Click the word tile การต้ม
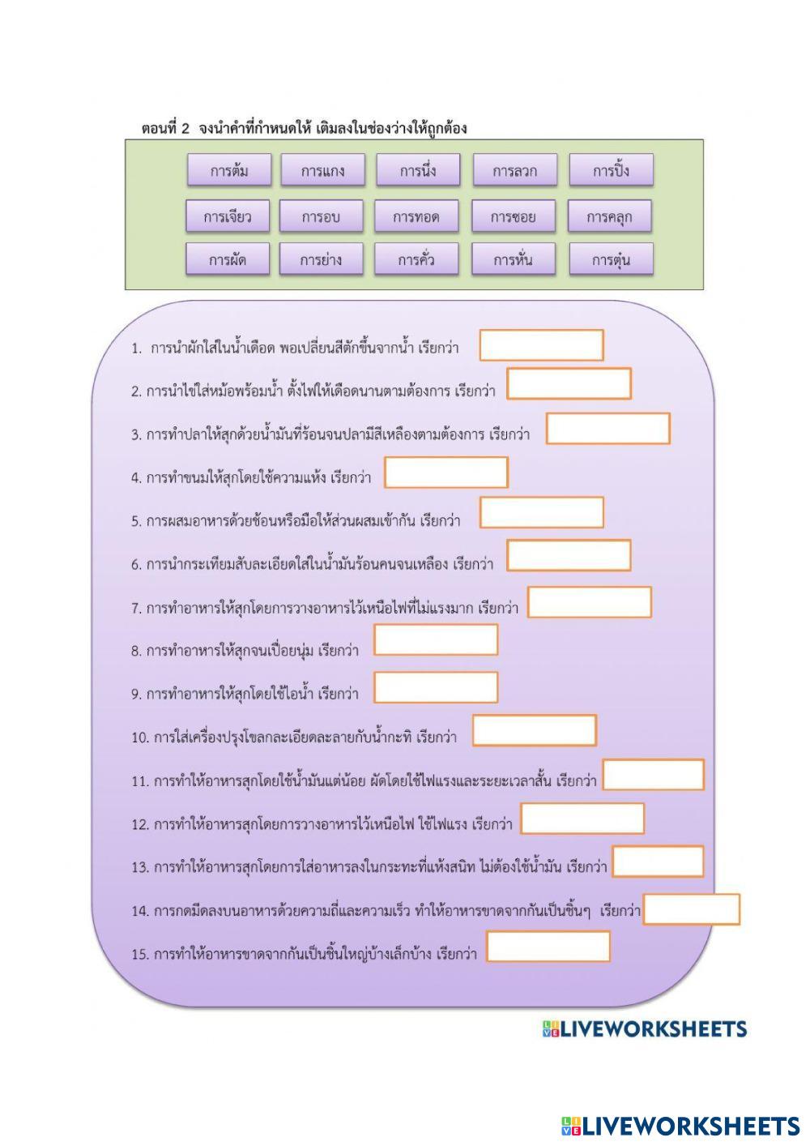coord(228,171)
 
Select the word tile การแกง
coord(322,171)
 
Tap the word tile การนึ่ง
coord(418,171)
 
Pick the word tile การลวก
coord(514,171)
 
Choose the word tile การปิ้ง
coord(611,171)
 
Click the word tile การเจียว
coord(228,216)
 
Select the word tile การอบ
coord(321,216)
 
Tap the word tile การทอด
coord(416,216)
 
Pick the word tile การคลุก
coord(610,216)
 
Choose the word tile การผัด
coord(228,260)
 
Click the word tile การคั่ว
coord(416,260)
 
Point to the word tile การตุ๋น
coord(611,260)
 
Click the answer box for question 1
coord(541,345)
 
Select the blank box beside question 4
coord(446,473)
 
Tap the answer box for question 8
coord(436,640)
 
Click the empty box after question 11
coord(654,775)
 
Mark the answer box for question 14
coord(692,909)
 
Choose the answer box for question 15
coord(548,947)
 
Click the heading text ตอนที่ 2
coord(165,128)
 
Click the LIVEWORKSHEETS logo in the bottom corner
coord(680,1126)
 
